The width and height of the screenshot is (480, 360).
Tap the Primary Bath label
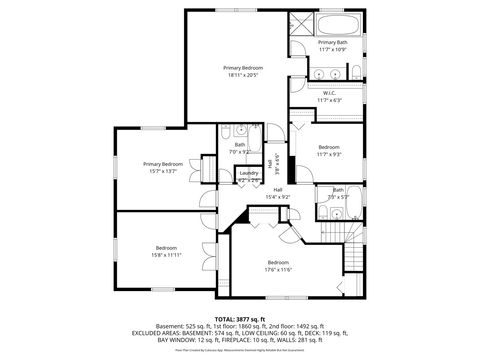tap(332, 45)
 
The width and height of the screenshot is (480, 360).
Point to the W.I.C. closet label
tap(330, 96)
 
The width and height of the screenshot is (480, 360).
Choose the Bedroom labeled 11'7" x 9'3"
tap(329, 150)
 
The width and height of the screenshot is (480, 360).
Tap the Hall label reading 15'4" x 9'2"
tap(277, 193)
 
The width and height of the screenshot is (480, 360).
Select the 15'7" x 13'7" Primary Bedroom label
tap(162, 166)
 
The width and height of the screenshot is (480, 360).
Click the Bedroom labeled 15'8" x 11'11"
tap(166, 250)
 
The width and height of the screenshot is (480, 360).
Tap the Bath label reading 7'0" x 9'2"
tap(240, 147)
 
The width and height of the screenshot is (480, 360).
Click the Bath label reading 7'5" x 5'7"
tap(338, 193)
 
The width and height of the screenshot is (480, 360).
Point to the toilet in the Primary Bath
tap(356, 70)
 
